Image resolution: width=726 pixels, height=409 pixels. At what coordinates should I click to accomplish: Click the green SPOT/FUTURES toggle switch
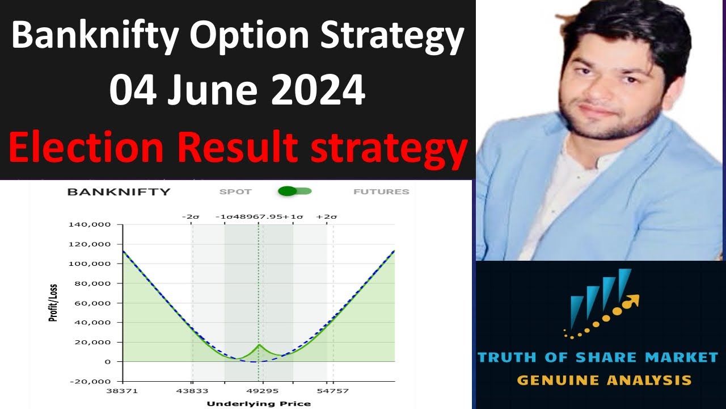294,191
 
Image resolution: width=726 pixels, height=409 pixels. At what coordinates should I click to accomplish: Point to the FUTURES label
381,192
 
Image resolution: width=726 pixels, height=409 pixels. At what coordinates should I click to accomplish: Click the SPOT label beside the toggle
235,192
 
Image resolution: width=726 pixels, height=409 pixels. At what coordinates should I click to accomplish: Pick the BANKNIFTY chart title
119,192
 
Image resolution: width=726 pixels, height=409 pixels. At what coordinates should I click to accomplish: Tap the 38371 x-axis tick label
123,391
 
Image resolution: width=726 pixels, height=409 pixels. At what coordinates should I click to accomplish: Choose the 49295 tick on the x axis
262,391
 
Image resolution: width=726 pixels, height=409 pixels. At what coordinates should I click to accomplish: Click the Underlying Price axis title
259,403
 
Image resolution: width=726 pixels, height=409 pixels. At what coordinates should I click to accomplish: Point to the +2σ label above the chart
327,216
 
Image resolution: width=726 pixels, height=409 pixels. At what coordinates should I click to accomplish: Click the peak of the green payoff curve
259,345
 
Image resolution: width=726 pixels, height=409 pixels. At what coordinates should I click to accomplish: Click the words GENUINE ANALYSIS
604,380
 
